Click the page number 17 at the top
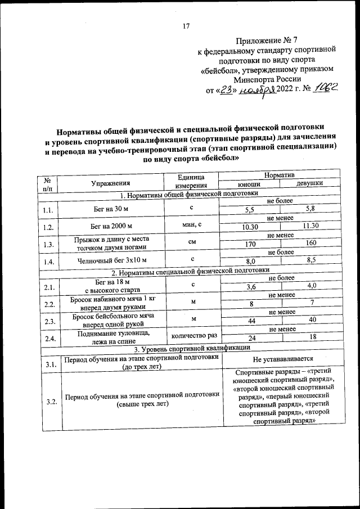click(x=187, y=25)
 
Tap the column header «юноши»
click(x=248, y=184)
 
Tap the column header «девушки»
click(x=309, y=184)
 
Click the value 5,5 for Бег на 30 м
click(x=250, y=210)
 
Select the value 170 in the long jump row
click(x=250, y=244)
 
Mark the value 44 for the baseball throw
click(x=250, y=320)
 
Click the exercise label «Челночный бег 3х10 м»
click(x=112, y=260)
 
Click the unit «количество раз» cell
click(x=191, y=335)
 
